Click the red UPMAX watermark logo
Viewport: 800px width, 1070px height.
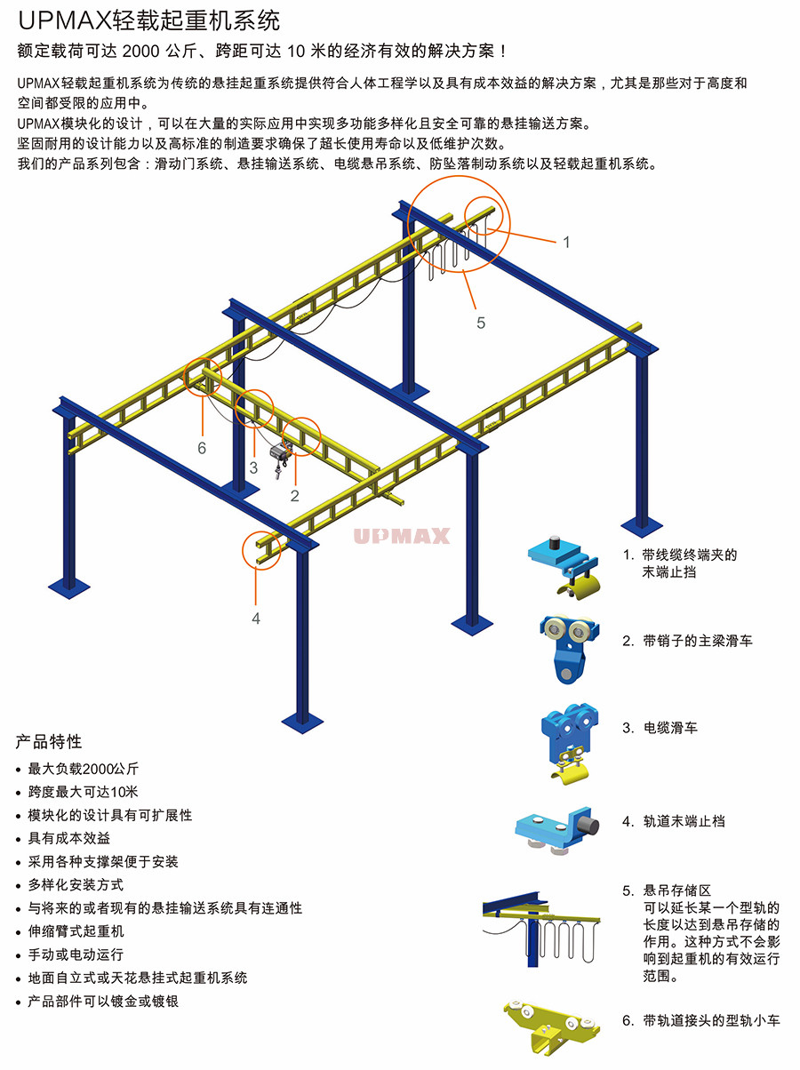click(x=402, y=536)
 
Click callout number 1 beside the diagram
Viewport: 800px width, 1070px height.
click(x=566, y=242)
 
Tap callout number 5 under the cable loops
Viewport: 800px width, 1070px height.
click(x=481, y=323)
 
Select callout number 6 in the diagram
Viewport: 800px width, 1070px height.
click(x=202, y=448)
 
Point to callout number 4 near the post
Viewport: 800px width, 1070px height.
click(x=256, y=618)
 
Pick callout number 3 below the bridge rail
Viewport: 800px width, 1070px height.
click(x=253, y=467)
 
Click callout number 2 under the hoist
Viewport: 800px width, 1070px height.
click(x=295, y=495)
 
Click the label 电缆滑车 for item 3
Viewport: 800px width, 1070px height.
click(x=671, y=728)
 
